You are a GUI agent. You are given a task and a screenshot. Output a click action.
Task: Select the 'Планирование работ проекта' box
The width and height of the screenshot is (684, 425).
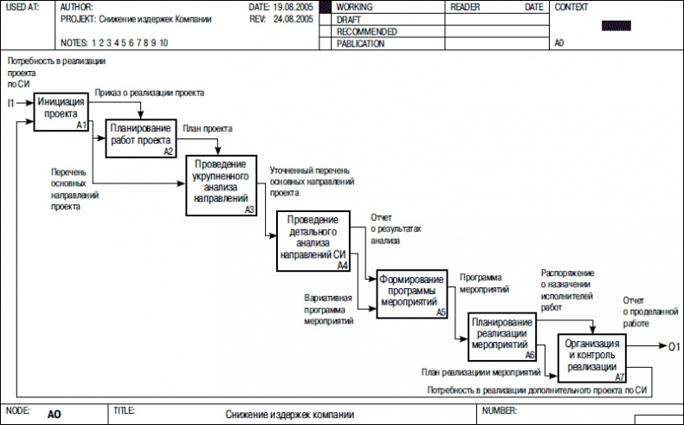[140, 138]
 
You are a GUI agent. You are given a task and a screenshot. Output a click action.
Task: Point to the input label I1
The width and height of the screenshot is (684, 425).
[10, 104]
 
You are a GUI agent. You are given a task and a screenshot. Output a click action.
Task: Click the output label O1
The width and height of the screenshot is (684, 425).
[674, 348]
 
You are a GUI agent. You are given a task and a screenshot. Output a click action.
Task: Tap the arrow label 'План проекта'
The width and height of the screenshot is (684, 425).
[207, 128]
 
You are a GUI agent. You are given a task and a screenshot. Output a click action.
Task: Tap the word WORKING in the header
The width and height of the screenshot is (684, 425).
[354, 7]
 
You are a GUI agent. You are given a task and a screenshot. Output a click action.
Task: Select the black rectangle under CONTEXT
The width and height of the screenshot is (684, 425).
[616, 25]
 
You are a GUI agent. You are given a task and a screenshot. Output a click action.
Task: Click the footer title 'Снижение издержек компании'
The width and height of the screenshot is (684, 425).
[290, 415]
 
